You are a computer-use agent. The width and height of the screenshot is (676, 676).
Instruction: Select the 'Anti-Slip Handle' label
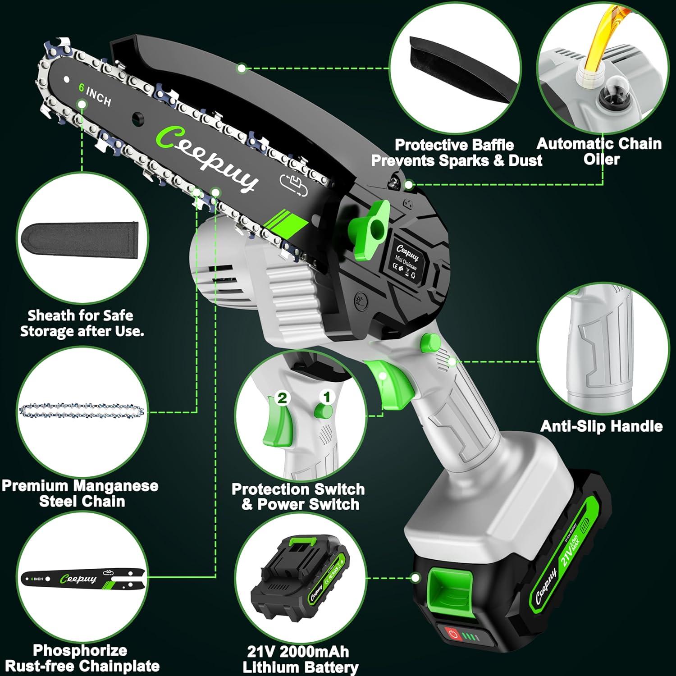[x=601, y=426]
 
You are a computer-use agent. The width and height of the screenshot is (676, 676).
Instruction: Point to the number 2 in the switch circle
[x=282, y=398]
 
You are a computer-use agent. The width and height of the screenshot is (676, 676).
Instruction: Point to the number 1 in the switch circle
[x=328, y=397]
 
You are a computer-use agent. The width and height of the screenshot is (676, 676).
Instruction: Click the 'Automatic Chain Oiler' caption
[x=599, y=151]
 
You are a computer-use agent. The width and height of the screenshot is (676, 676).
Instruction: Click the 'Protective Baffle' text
[x=454, y=145]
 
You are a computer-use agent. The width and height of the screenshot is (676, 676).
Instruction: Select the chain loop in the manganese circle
[x=82, y=411]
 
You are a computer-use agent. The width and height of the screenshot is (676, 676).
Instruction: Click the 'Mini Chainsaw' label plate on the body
[x=407, y=260]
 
